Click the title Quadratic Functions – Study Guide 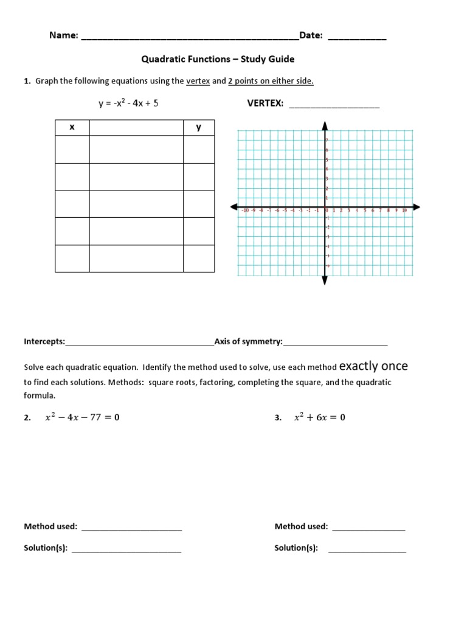click(x=218, y=59)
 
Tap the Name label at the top click(x=63, y=36)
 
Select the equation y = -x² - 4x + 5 click(x=128, y=103)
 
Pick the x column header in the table click(x=72, y=127)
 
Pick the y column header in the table click(x=198, y=127)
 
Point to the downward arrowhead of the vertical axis click(x=325, y=280)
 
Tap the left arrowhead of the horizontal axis click(x=234, y=207)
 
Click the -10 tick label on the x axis click(x=245, y=211)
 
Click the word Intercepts click(x=44, y=342)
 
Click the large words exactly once click(x=373, y=366)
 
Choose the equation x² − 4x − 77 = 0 click(x=82, y=417)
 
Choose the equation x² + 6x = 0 click(x=319, y=417)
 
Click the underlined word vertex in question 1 click(x=198, y=81)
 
